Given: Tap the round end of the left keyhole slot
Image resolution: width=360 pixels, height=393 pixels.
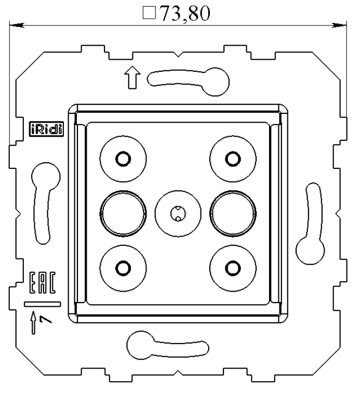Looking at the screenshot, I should tap(43, 177).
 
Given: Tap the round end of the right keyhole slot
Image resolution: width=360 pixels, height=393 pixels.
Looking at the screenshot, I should tap(307, 249).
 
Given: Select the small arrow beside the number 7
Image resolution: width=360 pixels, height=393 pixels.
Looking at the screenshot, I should tap(34, 321).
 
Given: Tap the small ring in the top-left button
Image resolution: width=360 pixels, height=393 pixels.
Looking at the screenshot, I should tap(123, 158).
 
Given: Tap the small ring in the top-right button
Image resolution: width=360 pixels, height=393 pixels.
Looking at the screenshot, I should tap(233, 158).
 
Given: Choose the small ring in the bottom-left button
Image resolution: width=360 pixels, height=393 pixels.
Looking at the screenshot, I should tap(123, 268).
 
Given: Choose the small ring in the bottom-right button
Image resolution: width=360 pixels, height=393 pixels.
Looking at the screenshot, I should tap(233, 268).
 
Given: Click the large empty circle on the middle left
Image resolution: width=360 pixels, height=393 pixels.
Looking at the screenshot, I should tap(120, 213).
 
